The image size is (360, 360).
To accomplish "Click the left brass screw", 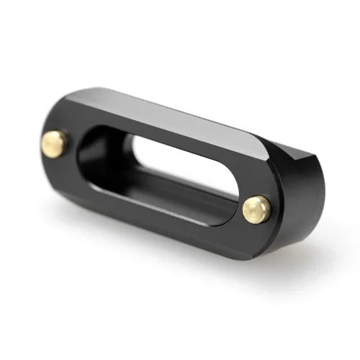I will coord(54,144).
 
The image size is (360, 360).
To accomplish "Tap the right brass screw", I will coord(256,209).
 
